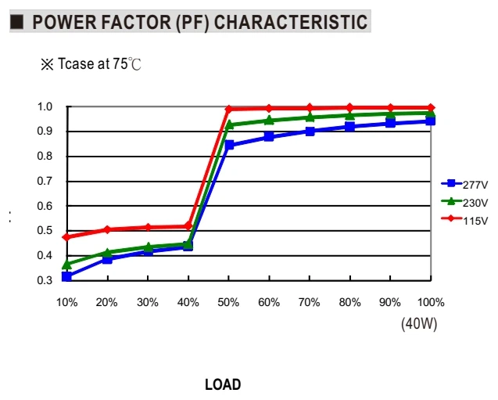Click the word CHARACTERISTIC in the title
click(x=291, y=22)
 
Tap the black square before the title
click(x=17, y=22)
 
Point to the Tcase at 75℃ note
click(x=91, y=64)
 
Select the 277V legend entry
click(x=464, y=184)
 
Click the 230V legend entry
click(x=464, y=202)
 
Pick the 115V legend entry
click(x=464, y=220)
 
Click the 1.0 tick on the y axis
click(x=45, y=106)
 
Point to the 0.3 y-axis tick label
click(x=45, y=280)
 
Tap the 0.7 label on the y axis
click(x=45, y=181)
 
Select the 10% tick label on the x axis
click(x=67, y=302)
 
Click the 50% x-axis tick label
click(x=228, y=302)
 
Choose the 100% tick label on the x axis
click(x=431, y=302)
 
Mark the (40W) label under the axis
click(x=419, y=324)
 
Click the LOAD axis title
click(x=223, y=385)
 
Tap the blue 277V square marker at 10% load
click(x=66, y=276)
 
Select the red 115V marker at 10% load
click(x=66, y=237)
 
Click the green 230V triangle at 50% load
click(x=228, y=124)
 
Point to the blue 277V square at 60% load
click(x=269, y=137)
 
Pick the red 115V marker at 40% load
click(x=188, y=226)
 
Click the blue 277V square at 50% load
click(x=228, y=145)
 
